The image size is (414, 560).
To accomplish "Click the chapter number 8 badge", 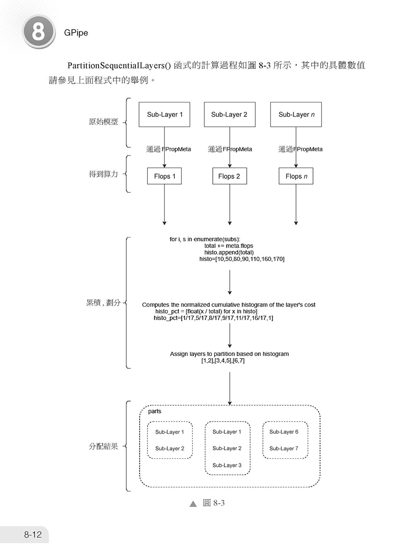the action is tap(39, 32).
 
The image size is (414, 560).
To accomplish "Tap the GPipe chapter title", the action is tap(76, 33).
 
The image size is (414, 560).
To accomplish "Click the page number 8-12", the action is tap(33, 534).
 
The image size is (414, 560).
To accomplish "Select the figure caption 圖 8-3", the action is tap(214, 503).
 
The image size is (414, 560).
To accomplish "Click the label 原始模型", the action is tap(103, 122).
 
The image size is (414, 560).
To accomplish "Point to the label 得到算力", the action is tap(103, 174).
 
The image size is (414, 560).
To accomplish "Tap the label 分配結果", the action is tap(103, 446).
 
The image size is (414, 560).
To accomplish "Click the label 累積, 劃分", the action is tap(103, 303).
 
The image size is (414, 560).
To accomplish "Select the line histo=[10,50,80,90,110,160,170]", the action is tap(242, 259).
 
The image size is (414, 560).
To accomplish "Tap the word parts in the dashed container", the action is tap(154, 411).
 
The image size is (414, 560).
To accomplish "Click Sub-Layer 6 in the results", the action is tap(284, 432).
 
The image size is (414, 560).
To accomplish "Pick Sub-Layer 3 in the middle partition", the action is tap(227, 465).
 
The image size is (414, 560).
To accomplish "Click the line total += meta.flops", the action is tap(229, 246).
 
